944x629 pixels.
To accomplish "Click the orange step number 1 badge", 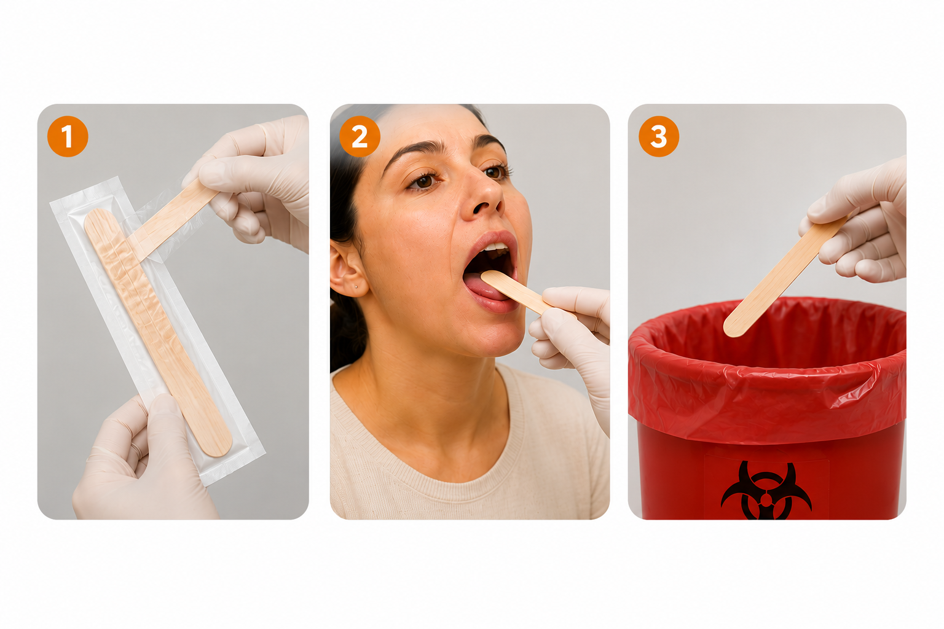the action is pos(68,136).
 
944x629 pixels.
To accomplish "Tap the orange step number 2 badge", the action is pos(360,136).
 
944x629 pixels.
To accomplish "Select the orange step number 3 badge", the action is pos(659,136).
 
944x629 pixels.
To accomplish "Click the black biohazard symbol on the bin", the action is pos(766,491).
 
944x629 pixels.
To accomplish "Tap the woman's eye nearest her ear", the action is pos(423,181).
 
